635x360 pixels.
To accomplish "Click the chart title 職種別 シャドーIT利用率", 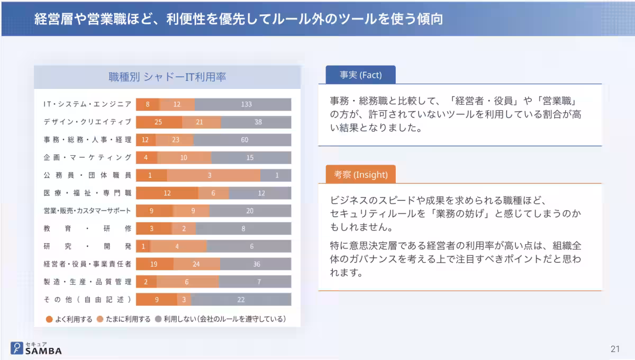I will pos(167,77).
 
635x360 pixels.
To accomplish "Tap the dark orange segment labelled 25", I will pos(159,122).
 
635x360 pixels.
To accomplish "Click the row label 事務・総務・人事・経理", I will pos(87,140).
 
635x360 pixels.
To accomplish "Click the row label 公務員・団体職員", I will pos(87,175).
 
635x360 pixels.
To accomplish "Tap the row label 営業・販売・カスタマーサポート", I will pos(87,211).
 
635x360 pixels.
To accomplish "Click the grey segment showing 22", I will pos(241,300).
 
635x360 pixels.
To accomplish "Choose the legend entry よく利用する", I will pos(69,319).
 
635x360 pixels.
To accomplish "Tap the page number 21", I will pos(615,349).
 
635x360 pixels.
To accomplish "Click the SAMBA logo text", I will pos(43,350).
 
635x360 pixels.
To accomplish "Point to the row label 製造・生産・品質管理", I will pos(87,282).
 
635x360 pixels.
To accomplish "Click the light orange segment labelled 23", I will pos(175,140).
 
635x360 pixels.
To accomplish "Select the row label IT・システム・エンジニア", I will pos(87,104).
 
